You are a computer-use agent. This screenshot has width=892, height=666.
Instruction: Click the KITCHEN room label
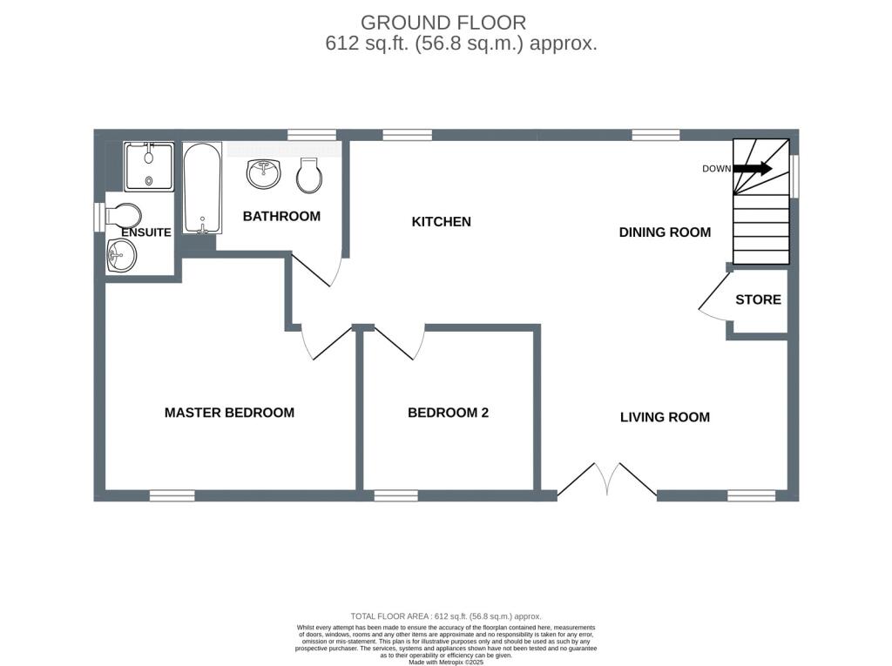click(441, 221)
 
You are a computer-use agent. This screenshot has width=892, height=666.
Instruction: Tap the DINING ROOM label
click(665, 232)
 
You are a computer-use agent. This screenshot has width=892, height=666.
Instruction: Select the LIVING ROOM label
click(665, 417)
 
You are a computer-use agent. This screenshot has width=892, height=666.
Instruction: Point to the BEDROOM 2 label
click(448, 413)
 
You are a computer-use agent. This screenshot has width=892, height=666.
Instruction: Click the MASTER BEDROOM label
click(229, 413)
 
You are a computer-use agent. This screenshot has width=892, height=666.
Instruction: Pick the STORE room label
click(758, 299)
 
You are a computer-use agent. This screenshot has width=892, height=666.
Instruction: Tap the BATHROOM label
click(281, 216)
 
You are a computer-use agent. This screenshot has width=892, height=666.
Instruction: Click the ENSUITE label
click(146, 232)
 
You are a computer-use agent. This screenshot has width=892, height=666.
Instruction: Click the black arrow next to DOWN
click(752, 168)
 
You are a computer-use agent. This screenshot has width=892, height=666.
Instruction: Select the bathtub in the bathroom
click(202, 188)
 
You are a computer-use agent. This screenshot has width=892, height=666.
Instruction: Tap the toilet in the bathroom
click(309, 175)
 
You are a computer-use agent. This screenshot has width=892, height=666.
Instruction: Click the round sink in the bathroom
click(263, 173)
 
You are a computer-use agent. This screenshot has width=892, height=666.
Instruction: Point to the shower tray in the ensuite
click(148, 166)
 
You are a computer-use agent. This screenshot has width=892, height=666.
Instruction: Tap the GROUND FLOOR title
click(443, 23)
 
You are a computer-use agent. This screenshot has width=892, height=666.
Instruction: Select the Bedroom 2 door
click(399, 342)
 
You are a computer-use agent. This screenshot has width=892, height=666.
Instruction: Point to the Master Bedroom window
click(172, 496)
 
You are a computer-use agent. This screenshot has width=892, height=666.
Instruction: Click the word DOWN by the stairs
click(716, 168)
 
